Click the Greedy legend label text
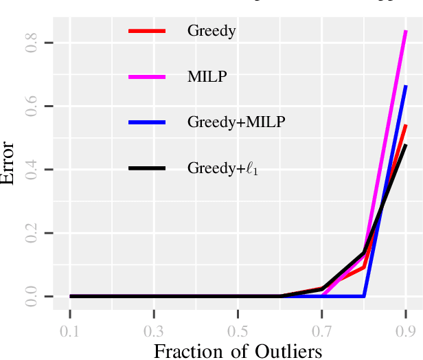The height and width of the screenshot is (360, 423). coord(211,31)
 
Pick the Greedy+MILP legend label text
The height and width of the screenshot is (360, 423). coord(236,122)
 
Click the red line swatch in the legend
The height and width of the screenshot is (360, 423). coord(147,31)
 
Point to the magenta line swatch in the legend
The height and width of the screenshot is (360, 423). coord(147,76)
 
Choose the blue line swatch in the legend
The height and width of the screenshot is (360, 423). coord(147,122)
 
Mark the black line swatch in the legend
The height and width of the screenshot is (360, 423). coord(147,168)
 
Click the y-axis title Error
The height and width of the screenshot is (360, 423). coord(9,161)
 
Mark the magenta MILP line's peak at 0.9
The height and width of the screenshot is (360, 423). coord(406,32)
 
